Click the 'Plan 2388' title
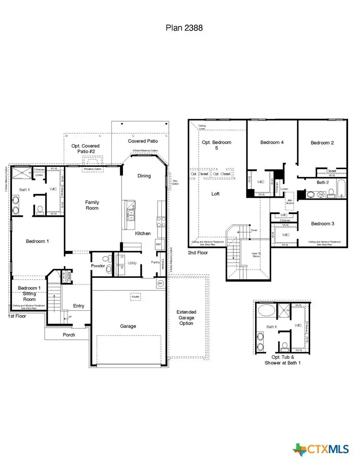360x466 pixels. [x=184, y=28]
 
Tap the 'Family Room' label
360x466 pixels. [x=92, y=205]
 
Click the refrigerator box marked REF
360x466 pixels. [x=158, y=245]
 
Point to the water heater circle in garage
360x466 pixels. [x=161, y=283]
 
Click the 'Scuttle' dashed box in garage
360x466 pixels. [x=135, y=296]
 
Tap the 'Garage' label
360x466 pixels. [x=128, y=326]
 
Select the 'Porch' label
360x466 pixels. [x=69, y=335]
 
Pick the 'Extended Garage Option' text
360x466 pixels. [x=187, y=318]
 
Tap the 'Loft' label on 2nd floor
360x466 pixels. [x=215, y=194]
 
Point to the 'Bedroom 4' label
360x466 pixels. [x=272, y=142]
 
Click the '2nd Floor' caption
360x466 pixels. [x=197, y=253]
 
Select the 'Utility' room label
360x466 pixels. [x=132, y=263]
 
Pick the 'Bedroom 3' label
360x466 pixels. [x=323, y=224]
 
